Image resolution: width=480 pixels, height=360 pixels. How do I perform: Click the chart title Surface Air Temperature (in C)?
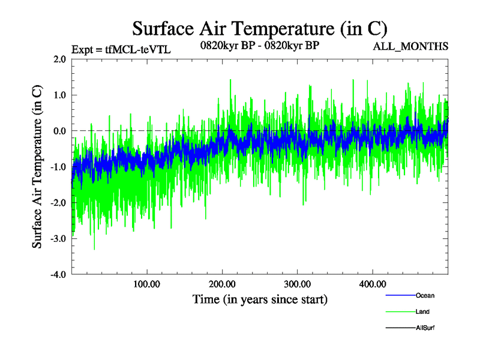pyautogui.click(x=259, y=28)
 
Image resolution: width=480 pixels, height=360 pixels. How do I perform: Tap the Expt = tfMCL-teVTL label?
pyautogui.click(x=121, y=50)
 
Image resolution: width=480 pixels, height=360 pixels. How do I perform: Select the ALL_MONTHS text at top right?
pyautogui.click(x=411, y=46)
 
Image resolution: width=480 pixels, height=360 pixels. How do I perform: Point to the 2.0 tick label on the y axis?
pyautogui.click(x=59, y=59)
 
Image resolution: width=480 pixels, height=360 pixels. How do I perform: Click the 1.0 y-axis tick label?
pyautogui.click(x=59, y=95)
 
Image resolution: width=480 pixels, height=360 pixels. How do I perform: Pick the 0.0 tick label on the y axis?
pyautogui.click(x=59, y=131)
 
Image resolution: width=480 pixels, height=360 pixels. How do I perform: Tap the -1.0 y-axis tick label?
pyautogui.click(x=58, y=167)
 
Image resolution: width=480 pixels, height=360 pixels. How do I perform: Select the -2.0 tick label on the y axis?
pyautogui.click(x=58, y=203)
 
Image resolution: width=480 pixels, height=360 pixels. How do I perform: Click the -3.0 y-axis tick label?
pyautogui.click(x=58, y=239)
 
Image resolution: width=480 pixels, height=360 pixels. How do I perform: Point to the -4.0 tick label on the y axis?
pyautogui.click(x=58, y=275)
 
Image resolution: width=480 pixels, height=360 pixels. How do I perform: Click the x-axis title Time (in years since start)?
pyautogui.click(x=260, y=299)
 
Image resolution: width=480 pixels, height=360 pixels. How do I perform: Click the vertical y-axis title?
pyautogui.click(x=37, y=167)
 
